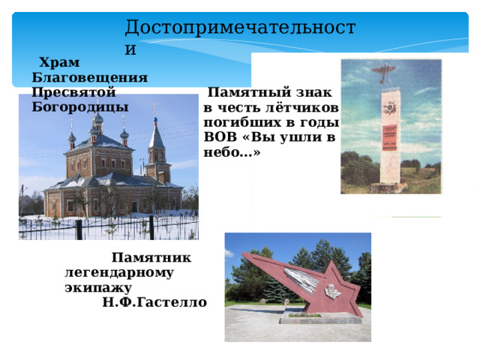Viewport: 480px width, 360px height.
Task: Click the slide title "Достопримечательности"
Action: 240,28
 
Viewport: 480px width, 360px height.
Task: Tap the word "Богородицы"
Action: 80,106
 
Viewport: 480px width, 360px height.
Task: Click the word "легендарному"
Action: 120,272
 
